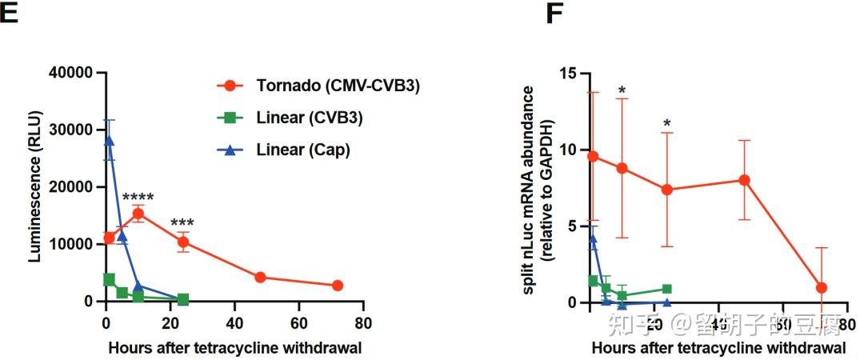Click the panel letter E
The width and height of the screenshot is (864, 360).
click(x=9, y=14)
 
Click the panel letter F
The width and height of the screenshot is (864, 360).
click(x=554, y=14)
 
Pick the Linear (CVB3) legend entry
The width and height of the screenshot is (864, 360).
click(x=303, y=118)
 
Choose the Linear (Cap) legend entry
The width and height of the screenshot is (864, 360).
click(x=298, y=150)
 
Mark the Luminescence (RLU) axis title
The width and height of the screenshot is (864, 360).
click(x=36, y=187)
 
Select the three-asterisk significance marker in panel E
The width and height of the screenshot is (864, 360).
click(x=182, y=224)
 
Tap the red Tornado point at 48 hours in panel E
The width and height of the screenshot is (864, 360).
click(x=260, y=278)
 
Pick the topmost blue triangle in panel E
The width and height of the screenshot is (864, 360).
click(x=109, y=141)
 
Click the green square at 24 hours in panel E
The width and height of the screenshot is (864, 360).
click(x=183, y=299)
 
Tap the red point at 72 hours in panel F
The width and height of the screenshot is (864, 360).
click(x=821, y=287)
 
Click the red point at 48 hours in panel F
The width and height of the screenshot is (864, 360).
click(x=744, y=180)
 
